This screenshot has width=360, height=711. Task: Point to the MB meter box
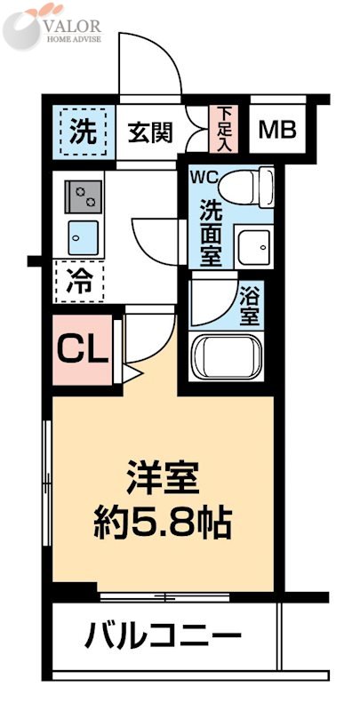pos(276,131)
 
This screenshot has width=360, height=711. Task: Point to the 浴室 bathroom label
pos(250,303)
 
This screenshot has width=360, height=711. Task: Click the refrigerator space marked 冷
pos(81,283)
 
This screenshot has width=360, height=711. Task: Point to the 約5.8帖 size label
pos(163,523)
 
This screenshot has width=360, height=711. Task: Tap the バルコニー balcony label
pos(164,635)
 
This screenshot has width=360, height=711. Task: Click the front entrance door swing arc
pos(151,67)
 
